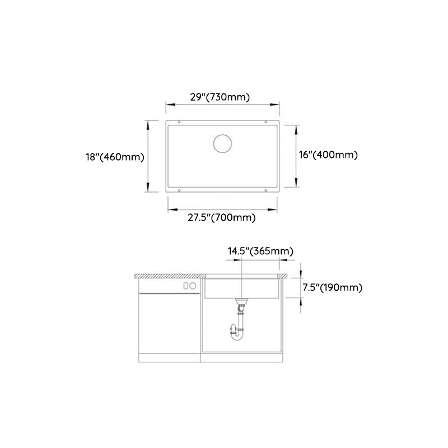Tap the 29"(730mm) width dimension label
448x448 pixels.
pyautogui.click(x=220, y=97)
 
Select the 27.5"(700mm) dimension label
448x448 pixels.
pyautogui.click(x=222, y=218)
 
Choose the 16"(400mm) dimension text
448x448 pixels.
pyautogui.click(x=328, y=155)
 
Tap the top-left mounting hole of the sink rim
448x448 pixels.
pyautogui.click(x=179, y=123)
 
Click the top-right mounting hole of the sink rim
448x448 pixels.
pyautogui.click(x=266, y=123)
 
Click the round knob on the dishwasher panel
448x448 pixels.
pyautogui.click(x=192, y=285)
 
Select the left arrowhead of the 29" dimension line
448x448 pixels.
pyautogui.click(x=167, y=105)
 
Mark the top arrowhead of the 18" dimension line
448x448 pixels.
pyautogui.click(x=148, y=124)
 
